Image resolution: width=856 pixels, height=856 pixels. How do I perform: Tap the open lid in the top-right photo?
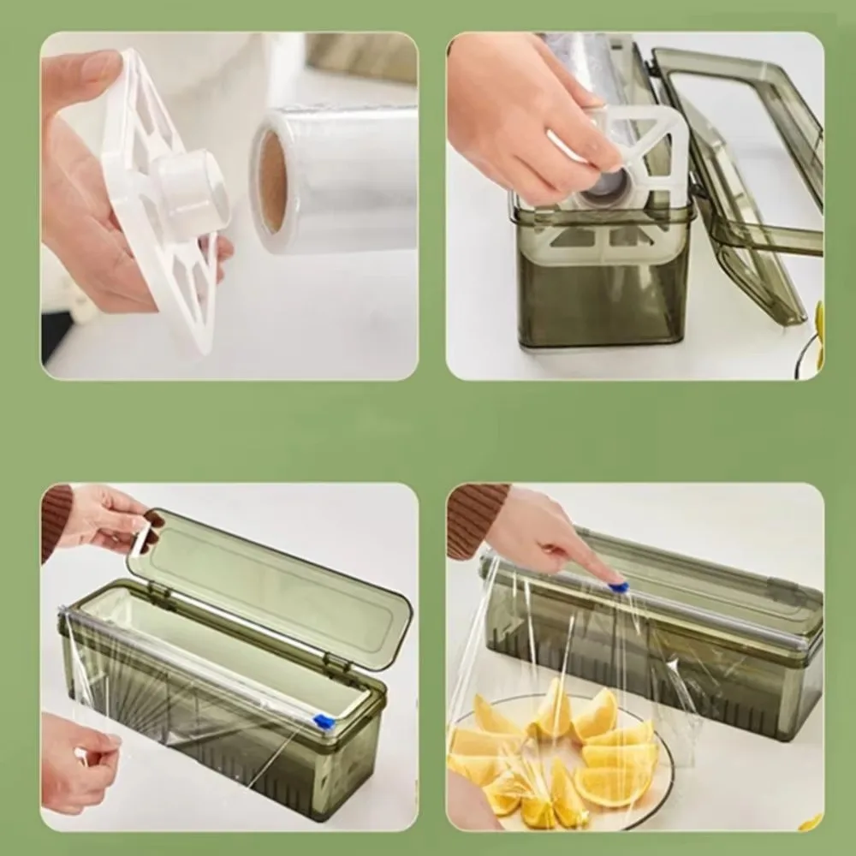pos(745,171)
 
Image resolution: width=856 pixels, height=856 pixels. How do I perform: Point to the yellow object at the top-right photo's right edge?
pos(819,325)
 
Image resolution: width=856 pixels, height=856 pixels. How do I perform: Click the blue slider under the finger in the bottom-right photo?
pos(618,587)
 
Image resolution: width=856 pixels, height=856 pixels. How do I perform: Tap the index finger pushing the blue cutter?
pos(591,565)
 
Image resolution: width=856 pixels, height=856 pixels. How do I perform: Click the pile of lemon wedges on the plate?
pos(556,753)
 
